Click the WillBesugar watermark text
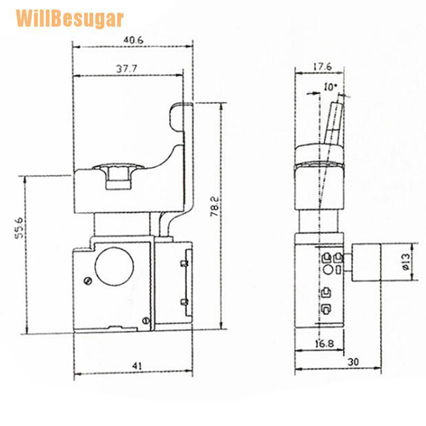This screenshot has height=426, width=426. (70, 19)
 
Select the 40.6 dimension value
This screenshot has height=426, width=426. (133, 40)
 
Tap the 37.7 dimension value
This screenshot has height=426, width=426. (127, 69)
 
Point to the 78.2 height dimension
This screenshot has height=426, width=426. (215, 207)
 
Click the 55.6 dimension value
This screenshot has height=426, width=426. (20, 228)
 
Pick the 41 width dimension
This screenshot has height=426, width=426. (137, 366)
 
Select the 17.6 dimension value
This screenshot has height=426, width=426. (323, 67)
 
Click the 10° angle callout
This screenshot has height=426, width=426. (331, 87)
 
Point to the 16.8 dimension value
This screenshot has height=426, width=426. (325, 343)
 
